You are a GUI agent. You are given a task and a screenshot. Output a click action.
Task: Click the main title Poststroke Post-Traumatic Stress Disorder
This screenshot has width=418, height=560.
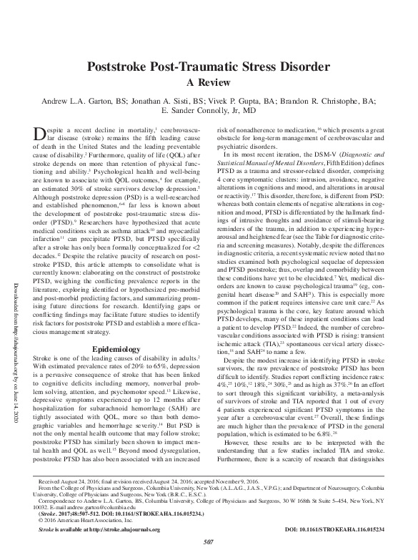click(208, 68)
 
